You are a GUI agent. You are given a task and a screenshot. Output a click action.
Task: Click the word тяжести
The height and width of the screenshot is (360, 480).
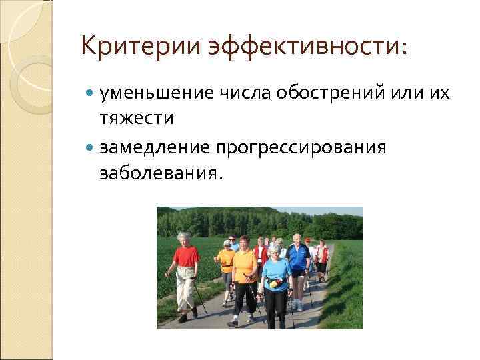tap(137, 118)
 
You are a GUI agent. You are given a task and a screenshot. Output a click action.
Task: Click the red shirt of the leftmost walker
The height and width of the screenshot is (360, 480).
tap(186, 256)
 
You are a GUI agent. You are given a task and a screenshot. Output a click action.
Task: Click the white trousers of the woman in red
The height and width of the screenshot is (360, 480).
tap(185, 287)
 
